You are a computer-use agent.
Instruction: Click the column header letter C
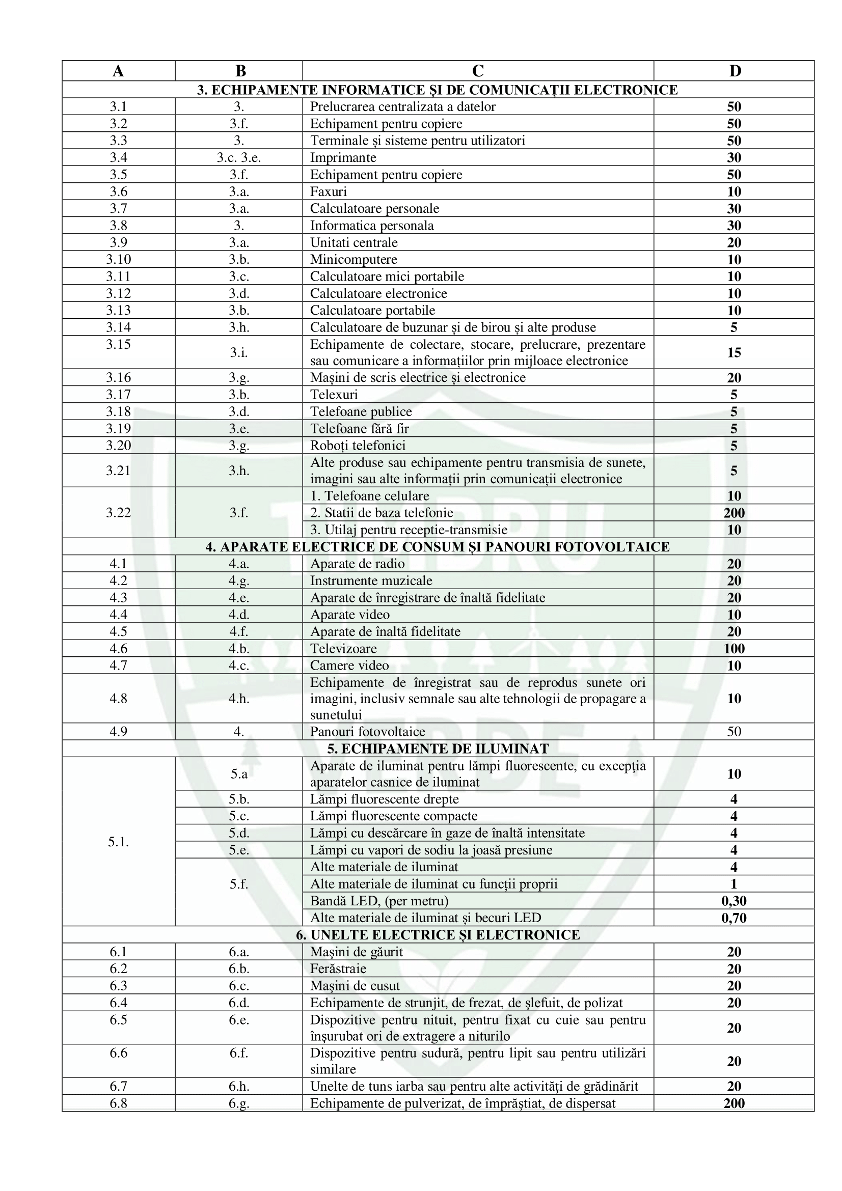click(x=477, y=71)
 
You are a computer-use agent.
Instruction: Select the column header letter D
click(x=735, y=71)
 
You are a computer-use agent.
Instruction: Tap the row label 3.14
click(x=118, y=327)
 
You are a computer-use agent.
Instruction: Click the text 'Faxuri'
click(x=329, y=191)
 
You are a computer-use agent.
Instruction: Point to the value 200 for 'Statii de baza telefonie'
click(x=734, y=513)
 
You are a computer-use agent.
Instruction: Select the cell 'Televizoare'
click(x=343, y=648)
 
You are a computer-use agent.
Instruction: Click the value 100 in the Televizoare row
click(x=734, y=648)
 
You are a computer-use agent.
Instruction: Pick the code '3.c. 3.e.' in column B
click(x=239, y=158)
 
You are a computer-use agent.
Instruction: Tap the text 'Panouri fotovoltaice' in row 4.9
click(x=367, y=731)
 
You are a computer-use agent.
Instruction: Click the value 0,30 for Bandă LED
click(x=734, y=901)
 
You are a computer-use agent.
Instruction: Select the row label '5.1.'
click(x=118, y=841)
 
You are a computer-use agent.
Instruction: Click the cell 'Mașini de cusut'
click(x=355, y=986)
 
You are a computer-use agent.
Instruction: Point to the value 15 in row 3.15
click(x=734, y=353)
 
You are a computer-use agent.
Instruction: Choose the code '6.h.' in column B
click(x=239, y=1086)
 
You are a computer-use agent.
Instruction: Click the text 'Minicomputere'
click(x=354, y=259)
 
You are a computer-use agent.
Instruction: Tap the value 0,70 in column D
click(x=734, y=918)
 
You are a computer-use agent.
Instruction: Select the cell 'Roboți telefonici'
click(x=358, y=446)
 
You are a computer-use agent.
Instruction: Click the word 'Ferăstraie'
click(x=338, y=968)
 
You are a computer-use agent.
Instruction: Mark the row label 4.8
click(x=118, y=698)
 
